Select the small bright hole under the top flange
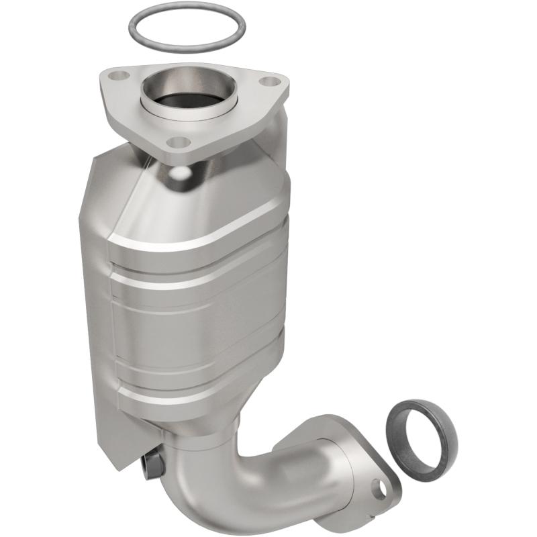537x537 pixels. (180, 173)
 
